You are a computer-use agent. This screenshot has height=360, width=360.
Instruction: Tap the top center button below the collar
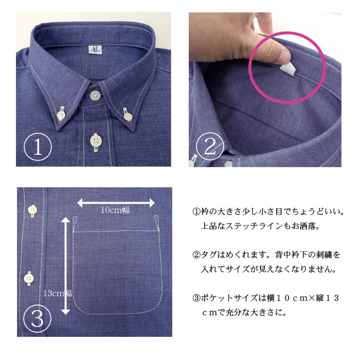pos(95,95)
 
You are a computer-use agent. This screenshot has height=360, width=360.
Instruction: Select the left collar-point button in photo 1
pos(61,115)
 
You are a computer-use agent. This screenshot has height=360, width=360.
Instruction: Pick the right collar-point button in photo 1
pos(128,116)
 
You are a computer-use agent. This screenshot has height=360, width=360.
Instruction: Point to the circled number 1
pos(38,147)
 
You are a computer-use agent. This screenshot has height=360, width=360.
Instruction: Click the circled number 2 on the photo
pos(210,146)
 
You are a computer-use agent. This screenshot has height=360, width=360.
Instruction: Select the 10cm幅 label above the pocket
pos(115,210)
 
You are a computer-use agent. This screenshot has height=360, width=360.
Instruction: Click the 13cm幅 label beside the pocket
pos(58,293)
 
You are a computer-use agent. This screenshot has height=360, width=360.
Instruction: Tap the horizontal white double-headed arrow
pos(116,203)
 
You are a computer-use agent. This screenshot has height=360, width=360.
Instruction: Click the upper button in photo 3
pos(32,210)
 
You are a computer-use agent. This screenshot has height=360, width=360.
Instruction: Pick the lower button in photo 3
pos(29,278)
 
